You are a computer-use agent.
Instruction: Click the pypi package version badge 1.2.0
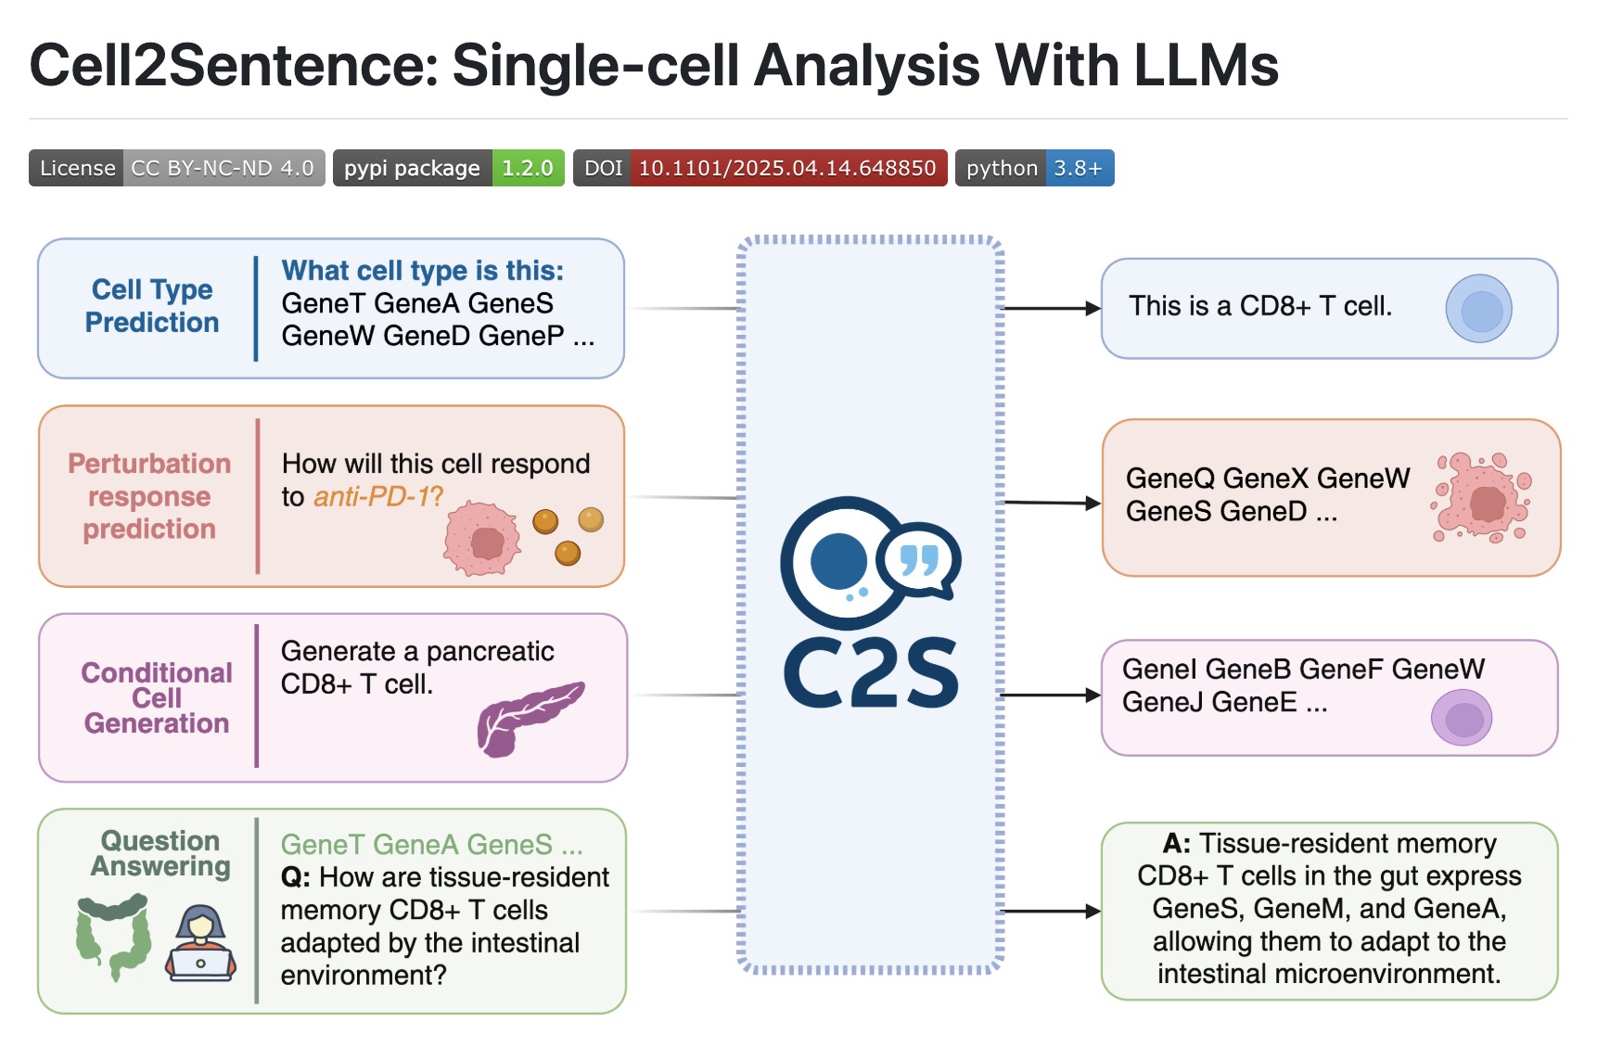[527, 168]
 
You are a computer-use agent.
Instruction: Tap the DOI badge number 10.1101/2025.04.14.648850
[787, 168]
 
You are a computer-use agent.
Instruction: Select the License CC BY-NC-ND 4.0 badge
[176, 168]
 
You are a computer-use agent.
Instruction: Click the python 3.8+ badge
[1034, 168]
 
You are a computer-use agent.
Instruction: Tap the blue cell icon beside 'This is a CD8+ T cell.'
[1478, 308]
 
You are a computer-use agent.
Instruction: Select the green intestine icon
[113, 935]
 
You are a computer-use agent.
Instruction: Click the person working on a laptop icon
[200, 943]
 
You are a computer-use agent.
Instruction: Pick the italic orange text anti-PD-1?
[378, 497]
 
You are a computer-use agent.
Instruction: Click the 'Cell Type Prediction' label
[152, 306]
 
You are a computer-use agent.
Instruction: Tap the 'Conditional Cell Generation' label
[156, 697]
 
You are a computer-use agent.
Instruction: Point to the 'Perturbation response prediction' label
[149, 496]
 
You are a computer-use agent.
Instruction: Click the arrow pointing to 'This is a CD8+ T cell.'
[1052, 308]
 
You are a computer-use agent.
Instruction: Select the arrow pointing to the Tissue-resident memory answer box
[1052, 912]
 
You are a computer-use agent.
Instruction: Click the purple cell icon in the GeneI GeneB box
[1461, 718]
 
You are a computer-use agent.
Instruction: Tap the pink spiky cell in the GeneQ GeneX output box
[1481, 498]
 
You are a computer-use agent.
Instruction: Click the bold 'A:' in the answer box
[1176, 843]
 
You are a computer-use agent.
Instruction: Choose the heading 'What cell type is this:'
[422, 270]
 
